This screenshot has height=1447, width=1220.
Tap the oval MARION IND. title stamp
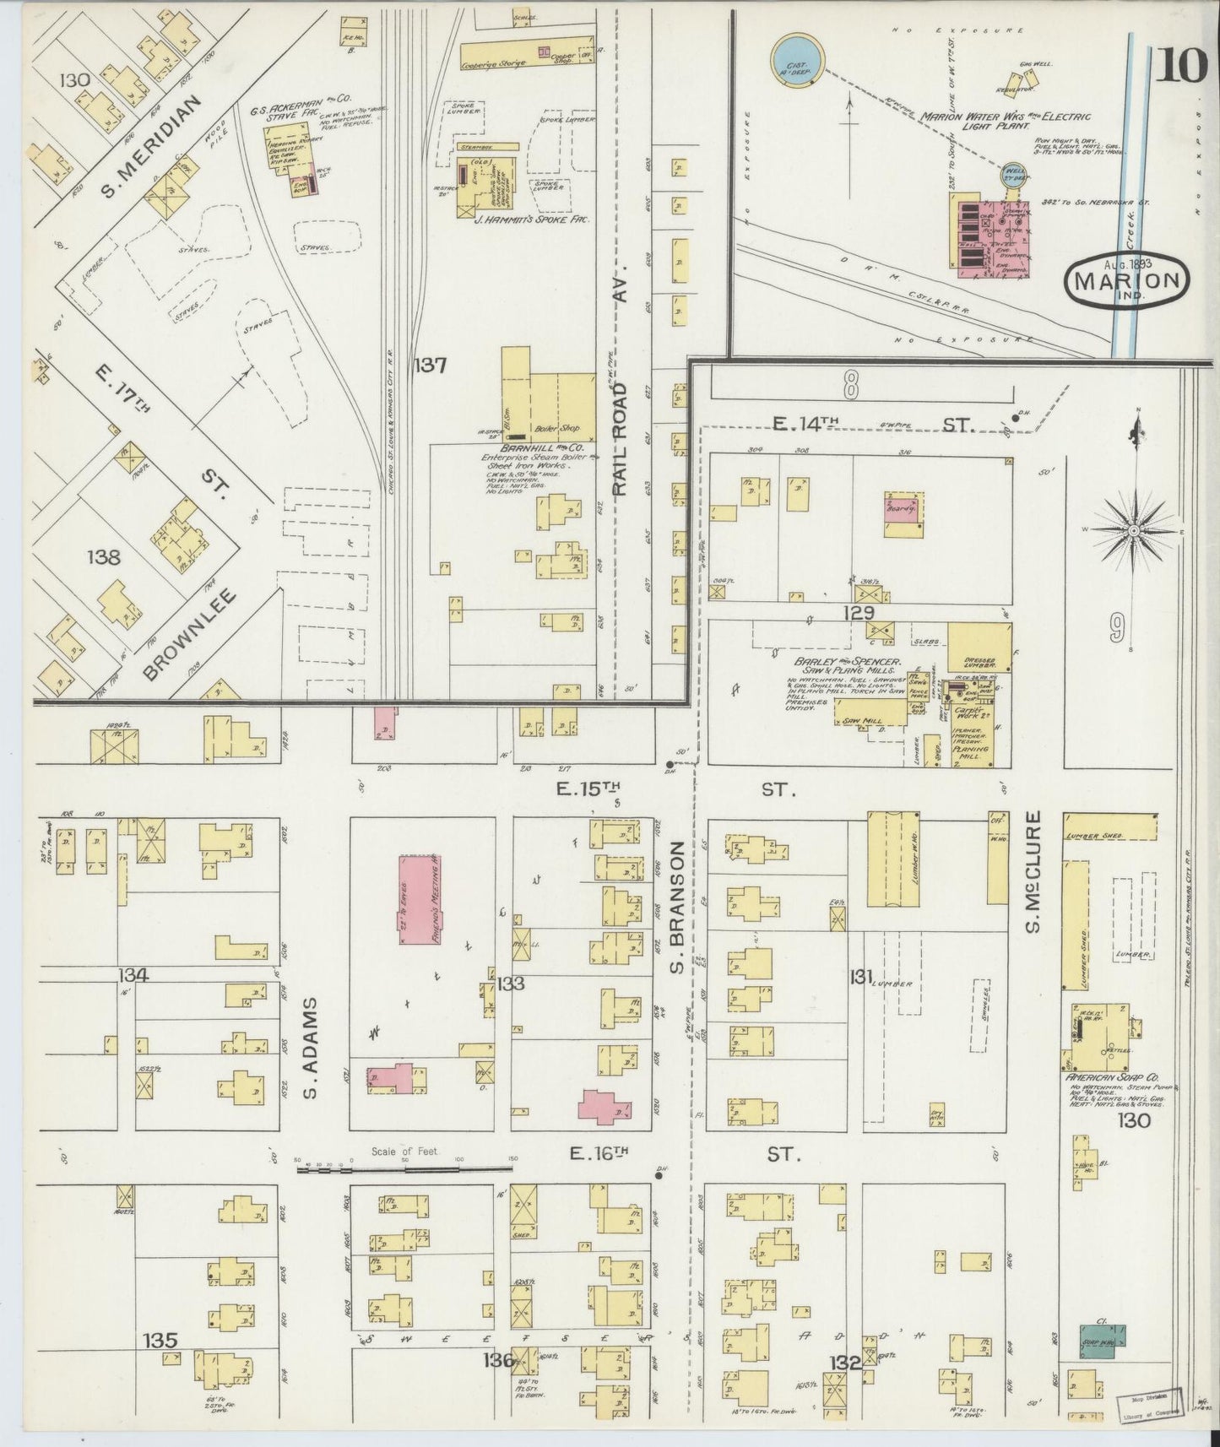point(1127,279)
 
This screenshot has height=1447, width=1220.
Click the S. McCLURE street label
point(1034,871)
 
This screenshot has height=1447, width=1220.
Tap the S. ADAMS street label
point(309,1049)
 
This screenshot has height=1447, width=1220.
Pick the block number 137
point(430,366)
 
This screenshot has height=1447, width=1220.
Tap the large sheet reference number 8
point(850,387)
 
